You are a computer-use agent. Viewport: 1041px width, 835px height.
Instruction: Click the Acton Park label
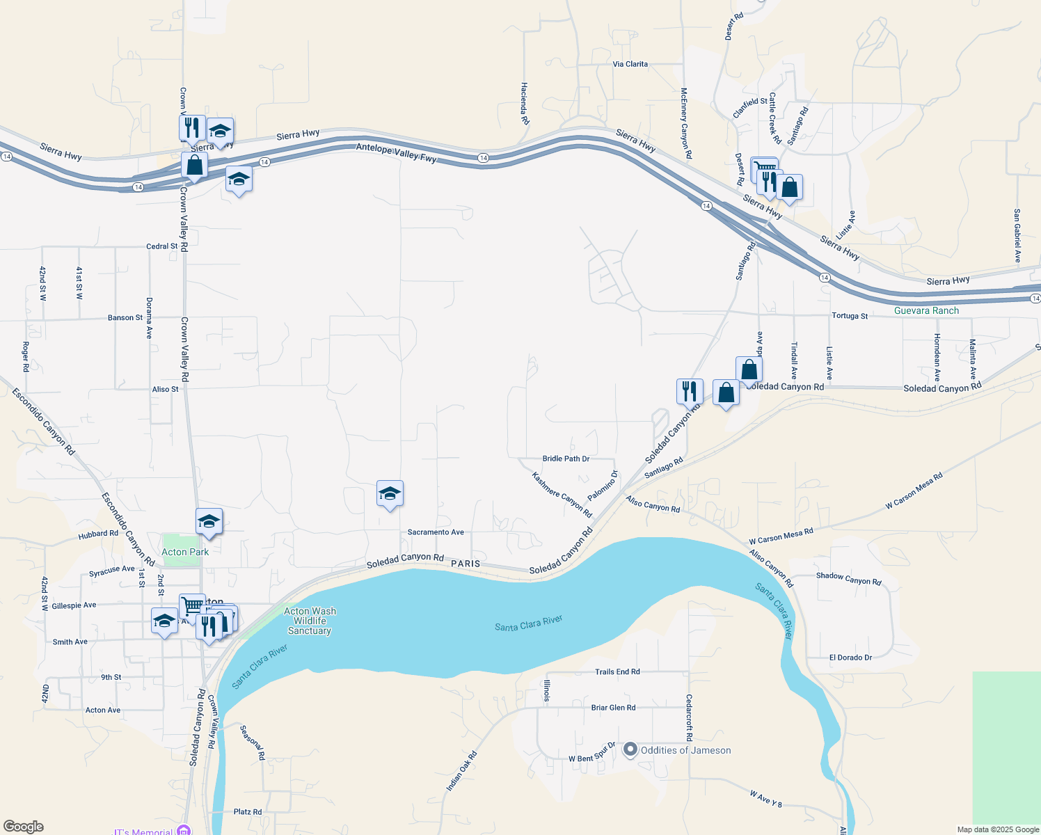tap(185, 552)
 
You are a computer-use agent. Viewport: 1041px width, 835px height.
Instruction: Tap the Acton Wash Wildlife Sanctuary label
tap(310, 621)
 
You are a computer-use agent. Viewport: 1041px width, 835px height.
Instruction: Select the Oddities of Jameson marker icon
tap(630, 749)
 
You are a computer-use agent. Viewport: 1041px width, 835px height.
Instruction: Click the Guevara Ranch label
tap(926, 310)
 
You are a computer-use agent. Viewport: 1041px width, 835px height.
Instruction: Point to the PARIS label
tap(466, 564)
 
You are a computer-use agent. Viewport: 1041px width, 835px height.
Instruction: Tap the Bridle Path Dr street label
tap(566, 459)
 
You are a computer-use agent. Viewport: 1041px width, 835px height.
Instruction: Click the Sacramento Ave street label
tap(436, 532)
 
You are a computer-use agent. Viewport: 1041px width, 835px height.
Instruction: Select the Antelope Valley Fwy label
tap(396, 153)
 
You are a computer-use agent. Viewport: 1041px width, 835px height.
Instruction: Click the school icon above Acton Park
tap(209, 522)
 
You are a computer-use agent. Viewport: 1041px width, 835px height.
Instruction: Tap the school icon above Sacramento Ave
tap(390, 494)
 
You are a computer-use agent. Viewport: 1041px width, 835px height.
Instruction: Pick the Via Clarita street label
tap(630, 64)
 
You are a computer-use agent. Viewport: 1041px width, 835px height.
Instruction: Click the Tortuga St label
tap(850, 316)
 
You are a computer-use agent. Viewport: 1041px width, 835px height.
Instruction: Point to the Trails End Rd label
tap(617, 671)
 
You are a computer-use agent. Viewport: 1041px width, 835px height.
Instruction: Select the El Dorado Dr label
tap(850, 658)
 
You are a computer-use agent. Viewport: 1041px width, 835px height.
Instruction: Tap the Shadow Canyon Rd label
tap(848, 578)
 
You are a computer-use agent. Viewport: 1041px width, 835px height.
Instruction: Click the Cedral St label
tap(161, 246)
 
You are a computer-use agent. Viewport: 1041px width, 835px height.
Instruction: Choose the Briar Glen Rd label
tap(613, 708)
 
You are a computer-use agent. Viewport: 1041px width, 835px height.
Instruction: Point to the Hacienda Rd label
tap(525, 104)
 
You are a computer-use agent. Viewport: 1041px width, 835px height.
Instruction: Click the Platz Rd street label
tap(248, 812)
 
